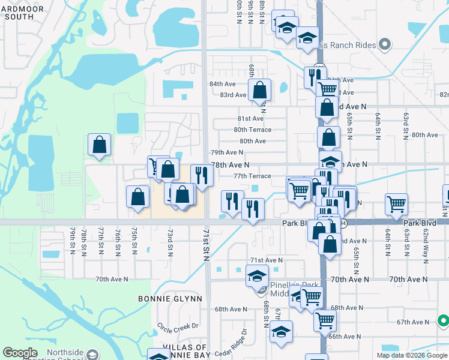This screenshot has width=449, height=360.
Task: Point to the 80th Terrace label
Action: [x=253, y=130]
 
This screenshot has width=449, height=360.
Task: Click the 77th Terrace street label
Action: [x=252, y=176]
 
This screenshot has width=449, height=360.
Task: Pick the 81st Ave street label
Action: [x=250, y=119]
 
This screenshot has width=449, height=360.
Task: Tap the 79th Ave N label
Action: [x=226, y=152]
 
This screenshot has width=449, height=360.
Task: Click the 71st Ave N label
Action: [x=266, y=260]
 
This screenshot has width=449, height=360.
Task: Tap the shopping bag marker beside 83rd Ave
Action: [x=260, y=91]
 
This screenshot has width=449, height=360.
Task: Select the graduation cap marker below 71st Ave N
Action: [x=257, y=276]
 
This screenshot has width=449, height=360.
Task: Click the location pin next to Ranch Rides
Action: [x=385, y=44]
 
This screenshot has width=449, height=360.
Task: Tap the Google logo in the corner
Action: [x=20, y=353]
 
